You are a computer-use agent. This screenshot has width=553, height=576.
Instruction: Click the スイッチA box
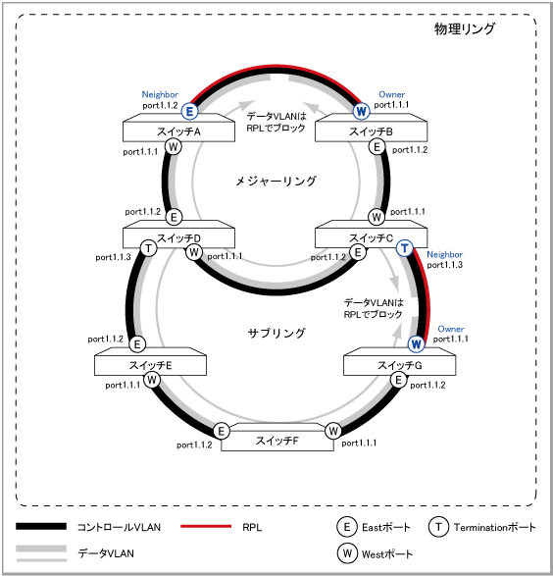[x=178, y=128]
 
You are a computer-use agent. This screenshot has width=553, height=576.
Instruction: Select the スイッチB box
[x=371, y=128]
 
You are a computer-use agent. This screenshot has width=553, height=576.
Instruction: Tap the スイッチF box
[x=277, y=437]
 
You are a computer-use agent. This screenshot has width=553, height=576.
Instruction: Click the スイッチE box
[x=150, y=361]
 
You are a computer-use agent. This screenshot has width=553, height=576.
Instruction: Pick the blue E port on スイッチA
[x=189, y=111]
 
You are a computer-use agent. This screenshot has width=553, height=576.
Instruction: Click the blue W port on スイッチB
[x=361, y=111]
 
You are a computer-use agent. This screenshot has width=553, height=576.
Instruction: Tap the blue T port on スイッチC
[x=405, y=248]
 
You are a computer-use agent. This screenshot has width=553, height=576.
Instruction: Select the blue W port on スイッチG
[x=416, y=344]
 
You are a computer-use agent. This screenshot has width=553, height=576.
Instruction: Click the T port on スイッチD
[x=149, y=248]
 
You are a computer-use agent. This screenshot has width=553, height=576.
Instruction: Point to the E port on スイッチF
[x=222, y=431]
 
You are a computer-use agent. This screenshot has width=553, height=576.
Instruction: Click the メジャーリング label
[x=276, y=182]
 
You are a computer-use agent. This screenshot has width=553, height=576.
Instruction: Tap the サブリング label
[x=276, y=334]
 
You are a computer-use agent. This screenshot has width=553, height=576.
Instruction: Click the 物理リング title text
[x=465, y=28]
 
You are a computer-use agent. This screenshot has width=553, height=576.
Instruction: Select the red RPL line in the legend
[x=206, y=526]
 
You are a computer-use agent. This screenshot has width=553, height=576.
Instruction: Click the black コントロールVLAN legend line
[x=41, y=526]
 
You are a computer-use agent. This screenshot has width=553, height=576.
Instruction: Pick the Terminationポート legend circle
[x=438, y=527]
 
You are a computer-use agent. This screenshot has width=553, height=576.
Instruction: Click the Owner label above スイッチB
[x=392, y=94]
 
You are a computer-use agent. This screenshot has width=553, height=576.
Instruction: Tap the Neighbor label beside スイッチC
[x=445, y=254]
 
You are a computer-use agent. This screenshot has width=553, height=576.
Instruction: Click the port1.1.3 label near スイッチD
[x=113, y=257]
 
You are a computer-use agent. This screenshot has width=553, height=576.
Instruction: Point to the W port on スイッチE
[x=152, y=380]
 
